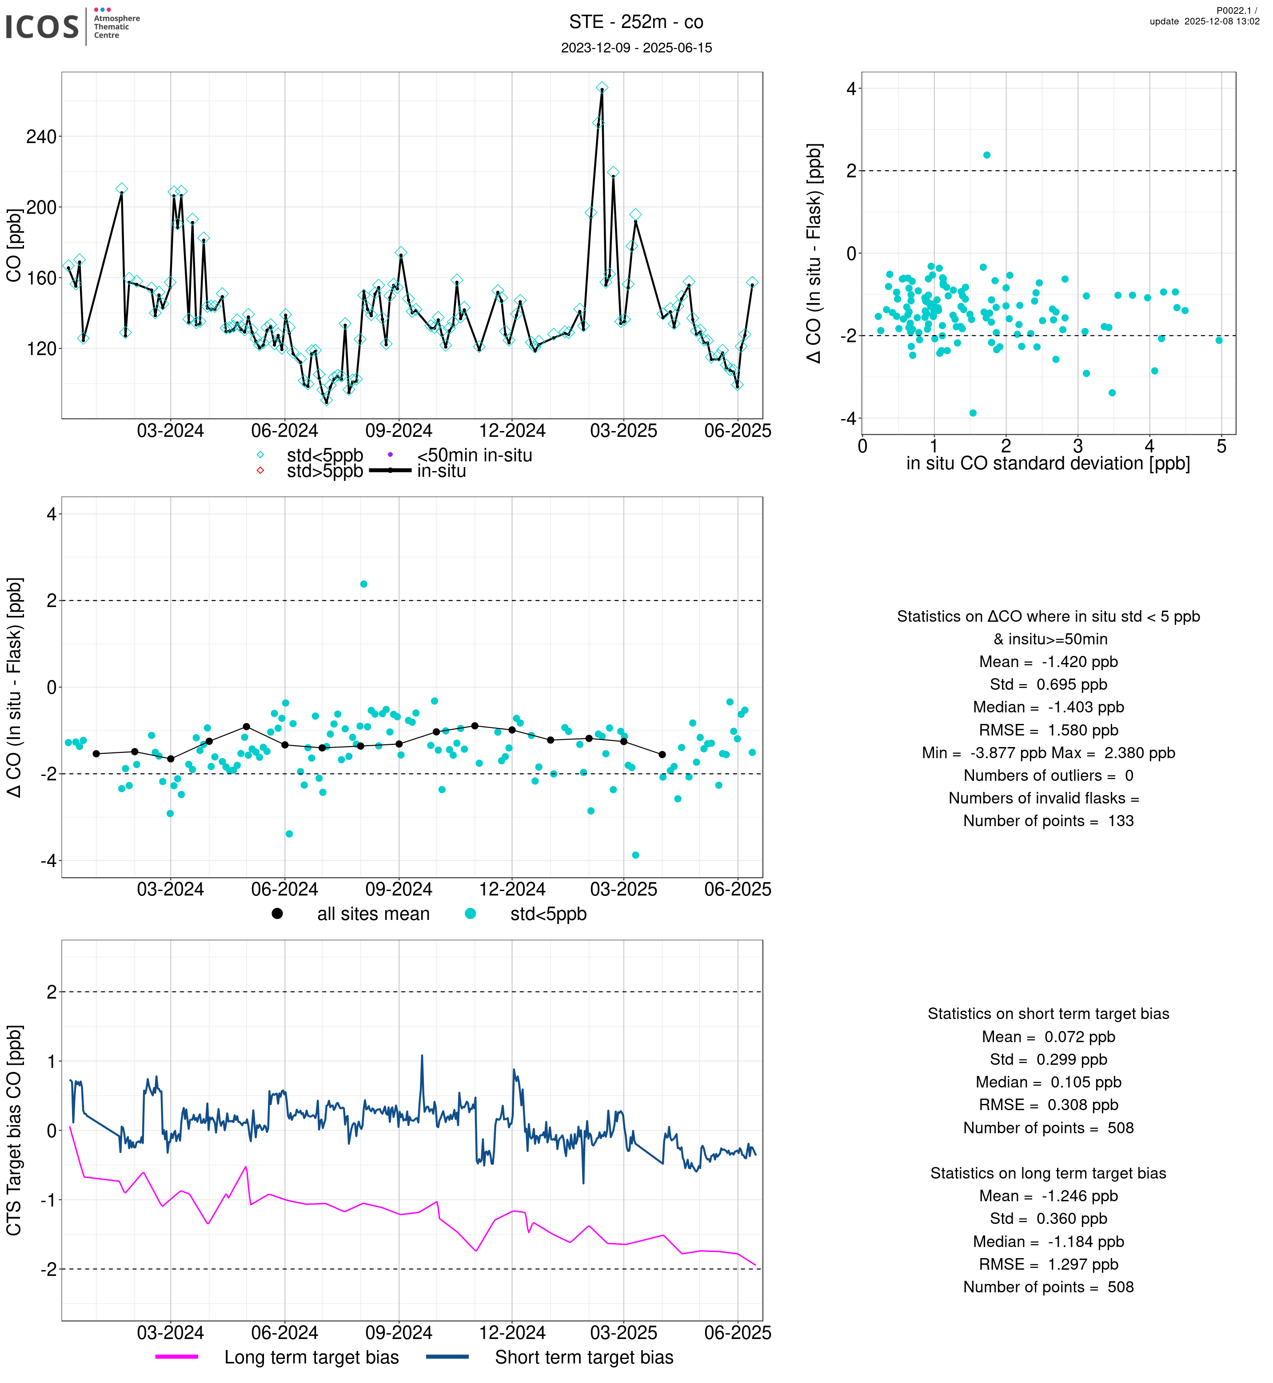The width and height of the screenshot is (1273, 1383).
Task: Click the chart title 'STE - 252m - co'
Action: coord(636,22)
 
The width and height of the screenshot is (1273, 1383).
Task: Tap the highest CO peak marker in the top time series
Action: coord(602,88)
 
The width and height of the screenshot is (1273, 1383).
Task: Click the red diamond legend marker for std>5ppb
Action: coord(260,471)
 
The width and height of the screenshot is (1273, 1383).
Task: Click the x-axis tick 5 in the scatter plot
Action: coord(1221,447)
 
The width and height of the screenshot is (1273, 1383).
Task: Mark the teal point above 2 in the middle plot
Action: coord(364,584)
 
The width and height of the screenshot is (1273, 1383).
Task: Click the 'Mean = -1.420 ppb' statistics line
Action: coord(1048,662)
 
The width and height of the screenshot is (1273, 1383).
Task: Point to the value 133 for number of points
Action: coord(1121,821)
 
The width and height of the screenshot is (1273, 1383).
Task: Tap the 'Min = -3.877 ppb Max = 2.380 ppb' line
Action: coord(1048,753)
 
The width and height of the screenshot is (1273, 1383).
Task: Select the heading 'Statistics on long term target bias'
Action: coord(1048,1174)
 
